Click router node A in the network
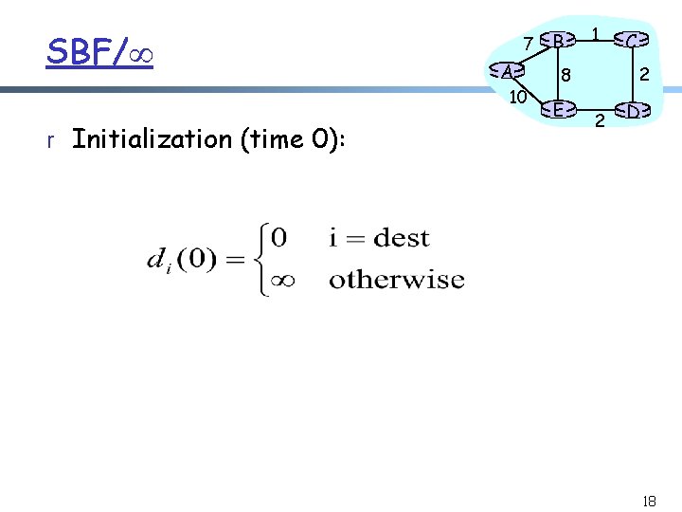pyautogui.click(x=508, y=71)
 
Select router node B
pyautogui.click(x=559, y=40)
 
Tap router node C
pyautogui.click(x=633, y=40)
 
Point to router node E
pyautogui.click(x=559, y=110)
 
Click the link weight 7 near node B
pyautogui.click(x=528, y=43)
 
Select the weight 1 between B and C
pyautogui.click(x=595, y=34)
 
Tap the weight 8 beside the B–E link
pyautogui.click(x=565, y=75)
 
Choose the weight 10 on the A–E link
pyautogui.click(x=517, y=97)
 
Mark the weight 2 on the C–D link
pyautogui.click(x=644, y=74)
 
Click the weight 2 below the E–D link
pyautogui.click(x=599, y=121)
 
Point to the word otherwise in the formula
pyautogui.click(x=396, y=280)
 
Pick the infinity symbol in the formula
pyautogui.click(x=282, y=280)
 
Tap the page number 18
pyautogui.click(x=648, y=500)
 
